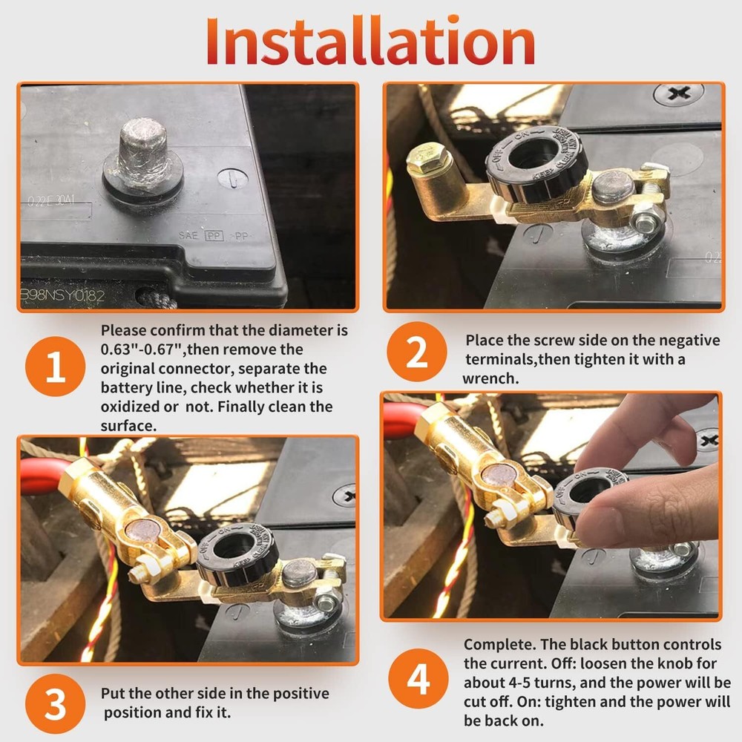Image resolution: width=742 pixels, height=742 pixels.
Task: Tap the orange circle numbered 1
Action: click(x=56, y=367)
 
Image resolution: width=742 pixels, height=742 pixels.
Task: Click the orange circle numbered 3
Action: click(x=56, y=703)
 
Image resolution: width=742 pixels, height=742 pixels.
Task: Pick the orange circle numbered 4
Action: click(x=417, y=678)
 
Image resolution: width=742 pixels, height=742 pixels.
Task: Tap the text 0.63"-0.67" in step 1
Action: click(x=145, y=349)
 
